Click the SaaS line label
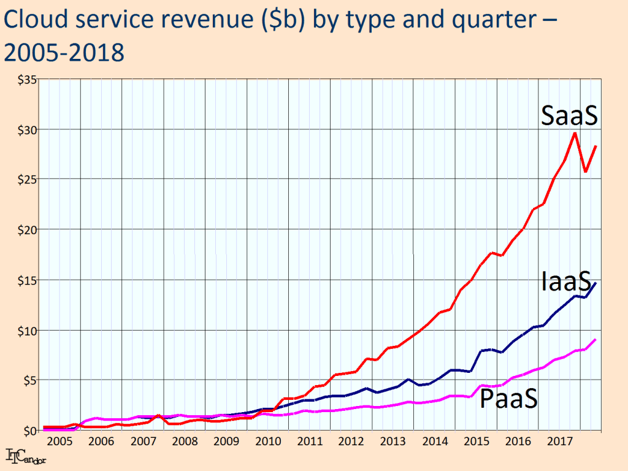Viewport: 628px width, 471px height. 569,115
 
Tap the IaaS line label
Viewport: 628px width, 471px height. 566,281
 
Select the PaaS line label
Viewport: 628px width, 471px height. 508,399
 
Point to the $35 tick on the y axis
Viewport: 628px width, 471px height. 27,80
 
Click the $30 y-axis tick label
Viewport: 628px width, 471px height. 27,130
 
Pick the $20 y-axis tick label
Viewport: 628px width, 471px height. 27,230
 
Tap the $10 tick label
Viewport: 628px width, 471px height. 27,331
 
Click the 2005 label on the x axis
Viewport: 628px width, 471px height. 59,442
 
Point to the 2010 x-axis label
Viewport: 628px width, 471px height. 268,442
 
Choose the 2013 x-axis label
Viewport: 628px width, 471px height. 393,442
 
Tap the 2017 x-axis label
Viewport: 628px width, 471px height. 560,442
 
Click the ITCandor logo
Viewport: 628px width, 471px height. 26,456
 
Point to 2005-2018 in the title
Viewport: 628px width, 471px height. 64,53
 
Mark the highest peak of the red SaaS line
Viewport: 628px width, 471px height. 575,133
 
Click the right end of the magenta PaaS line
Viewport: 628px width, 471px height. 595,340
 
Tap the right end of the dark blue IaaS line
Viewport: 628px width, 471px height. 596,283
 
